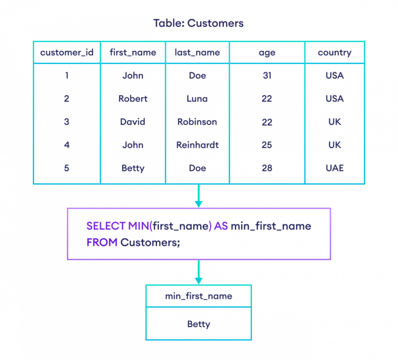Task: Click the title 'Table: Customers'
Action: [198, 23]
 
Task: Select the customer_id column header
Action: [67, 52]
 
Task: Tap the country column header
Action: [335, 53]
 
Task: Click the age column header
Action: [267, 53]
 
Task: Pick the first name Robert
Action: [133, 99]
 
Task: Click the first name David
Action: [133, 122]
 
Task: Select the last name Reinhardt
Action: [197, 145]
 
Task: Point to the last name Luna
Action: [197, 99]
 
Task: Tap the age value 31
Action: [267, 75]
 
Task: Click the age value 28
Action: [267, 168]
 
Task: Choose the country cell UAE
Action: [335, 168]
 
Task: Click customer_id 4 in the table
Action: [67, 145]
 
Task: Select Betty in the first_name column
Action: [133, 168]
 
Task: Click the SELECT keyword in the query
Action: [106, 226]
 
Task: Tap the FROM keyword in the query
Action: [102, 242]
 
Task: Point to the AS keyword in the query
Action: [221, 226]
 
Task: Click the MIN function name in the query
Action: [138, 226]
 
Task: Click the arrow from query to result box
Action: [198, 272]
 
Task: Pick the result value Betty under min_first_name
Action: [198, 324]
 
